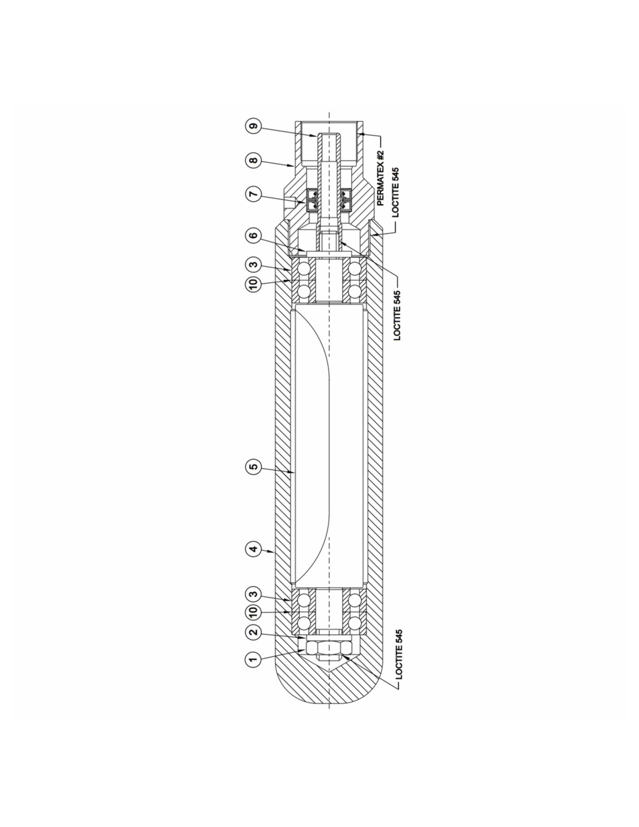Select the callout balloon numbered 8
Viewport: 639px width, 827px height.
click(x=253, y=160)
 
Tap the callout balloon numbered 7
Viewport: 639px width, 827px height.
click(x=253, y=195)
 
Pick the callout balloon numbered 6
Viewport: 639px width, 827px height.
click(x=253, y=235)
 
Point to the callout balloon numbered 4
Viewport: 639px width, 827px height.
click(x=253, y=550)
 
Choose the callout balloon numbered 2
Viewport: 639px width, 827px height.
click(x=253, y=632)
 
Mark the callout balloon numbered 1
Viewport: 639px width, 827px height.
click(x=253, y=660)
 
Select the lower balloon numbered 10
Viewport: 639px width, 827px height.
click(x=253, y=613)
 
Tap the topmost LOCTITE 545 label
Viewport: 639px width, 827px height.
click(x=395, y=192)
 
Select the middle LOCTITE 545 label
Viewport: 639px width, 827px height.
click(x=397, y=315)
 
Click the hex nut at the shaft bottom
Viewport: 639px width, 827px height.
click(x=329, y=649)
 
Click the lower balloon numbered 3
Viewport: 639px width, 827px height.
click(x=253, y=593)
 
